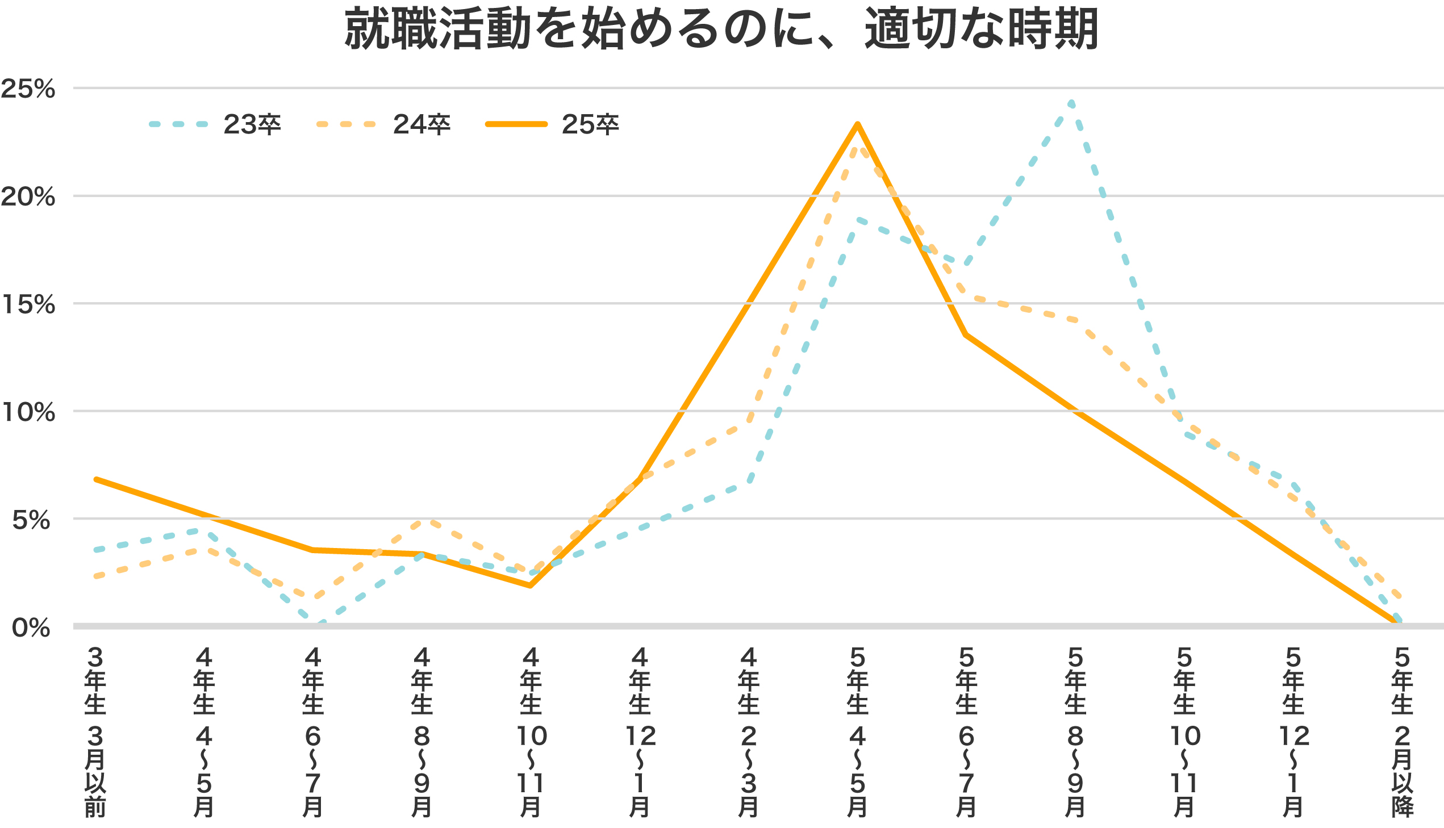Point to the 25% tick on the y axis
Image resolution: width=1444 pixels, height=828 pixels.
28,89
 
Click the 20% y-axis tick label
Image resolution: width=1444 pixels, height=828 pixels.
28,196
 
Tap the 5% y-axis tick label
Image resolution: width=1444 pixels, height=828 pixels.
32,520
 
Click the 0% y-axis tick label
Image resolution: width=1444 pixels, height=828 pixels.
32,628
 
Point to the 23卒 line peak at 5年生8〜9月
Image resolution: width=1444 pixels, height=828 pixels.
1071,103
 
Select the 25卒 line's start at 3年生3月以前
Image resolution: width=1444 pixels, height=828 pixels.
95,479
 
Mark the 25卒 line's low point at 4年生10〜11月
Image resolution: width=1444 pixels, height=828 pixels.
530,585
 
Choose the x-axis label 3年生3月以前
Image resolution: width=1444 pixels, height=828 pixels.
95,733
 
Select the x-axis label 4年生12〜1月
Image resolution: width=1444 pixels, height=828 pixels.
640,733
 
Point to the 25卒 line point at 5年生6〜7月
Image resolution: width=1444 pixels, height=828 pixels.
966,335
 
